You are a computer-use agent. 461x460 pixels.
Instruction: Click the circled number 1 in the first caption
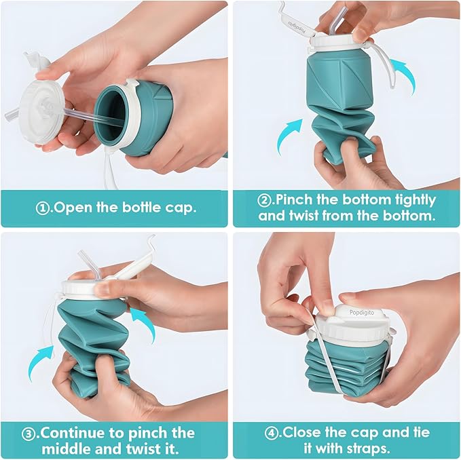point(43,207)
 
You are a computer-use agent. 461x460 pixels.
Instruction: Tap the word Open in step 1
point(71,207)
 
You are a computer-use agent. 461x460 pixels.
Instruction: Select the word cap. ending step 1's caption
point(179,207)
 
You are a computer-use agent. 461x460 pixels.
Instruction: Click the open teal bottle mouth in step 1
point(112,112)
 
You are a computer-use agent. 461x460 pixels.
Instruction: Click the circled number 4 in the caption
point(274,432)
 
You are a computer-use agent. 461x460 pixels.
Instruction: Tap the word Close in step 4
point(303,432)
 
